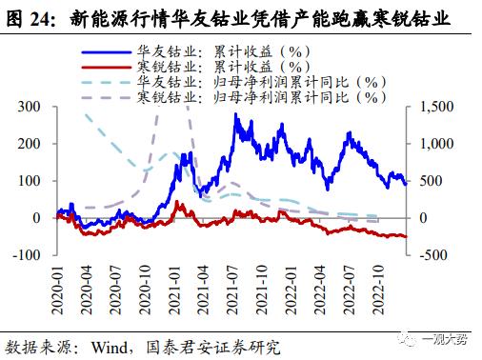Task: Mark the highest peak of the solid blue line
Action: pyautogui.click(x=235, y=115)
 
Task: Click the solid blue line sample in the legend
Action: pyautogui.click(x=109, y=51)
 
